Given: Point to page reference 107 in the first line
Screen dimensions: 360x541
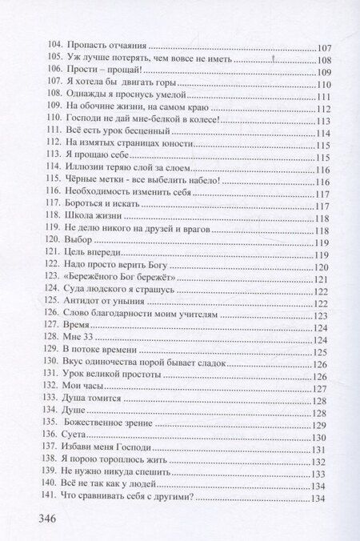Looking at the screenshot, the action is [x=325, y=46].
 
